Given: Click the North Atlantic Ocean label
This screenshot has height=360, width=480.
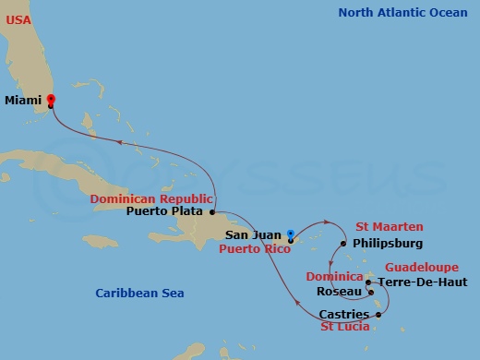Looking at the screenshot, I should [x=402, y=12].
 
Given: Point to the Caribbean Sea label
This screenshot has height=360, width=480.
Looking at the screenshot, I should [x=139, y=294].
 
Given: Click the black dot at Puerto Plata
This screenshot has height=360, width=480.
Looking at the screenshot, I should [x=212, y=210].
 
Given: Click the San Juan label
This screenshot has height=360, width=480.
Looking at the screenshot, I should [x=261, y=236].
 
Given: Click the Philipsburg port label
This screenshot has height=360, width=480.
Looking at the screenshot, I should [x=388, y=244].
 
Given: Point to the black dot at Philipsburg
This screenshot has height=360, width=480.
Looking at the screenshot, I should [x=343, y=244].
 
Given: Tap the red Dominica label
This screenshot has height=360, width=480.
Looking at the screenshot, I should [x=336, y=277].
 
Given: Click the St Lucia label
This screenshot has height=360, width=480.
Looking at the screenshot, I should [x=345, y=327].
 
